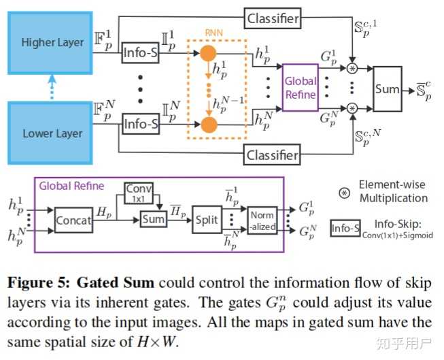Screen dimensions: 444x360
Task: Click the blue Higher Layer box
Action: pos(50,43)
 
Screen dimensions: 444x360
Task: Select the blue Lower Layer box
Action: pos(50,133)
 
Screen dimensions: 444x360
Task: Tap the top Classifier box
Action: pos(272,18)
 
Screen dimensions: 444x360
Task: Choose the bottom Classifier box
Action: pos(272,154)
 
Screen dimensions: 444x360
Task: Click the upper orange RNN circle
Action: pos(209,53)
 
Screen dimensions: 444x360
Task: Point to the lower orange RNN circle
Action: pos(209,125)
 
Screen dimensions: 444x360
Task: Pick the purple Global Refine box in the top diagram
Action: pos(301,87)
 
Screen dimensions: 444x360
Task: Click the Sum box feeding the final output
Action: pos(388,89)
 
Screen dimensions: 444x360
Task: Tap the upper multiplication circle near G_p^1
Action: pos(352,68)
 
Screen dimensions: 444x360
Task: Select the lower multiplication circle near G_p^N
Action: pos(352,108)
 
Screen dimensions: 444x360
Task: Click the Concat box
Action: pos(73,220)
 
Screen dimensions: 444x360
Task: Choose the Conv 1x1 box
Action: pos(139,193)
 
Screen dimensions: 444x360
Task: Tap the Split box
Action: pos(207,220)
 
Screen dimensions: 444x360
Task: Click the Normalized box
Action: pos(262,220)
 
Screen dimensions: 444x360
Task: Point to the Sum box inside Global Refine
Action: pos(154,219)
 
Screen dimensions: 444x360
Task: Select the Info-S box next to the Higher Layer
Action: pos(141,52)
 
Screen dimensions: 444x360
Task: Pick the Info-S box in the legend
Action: pos(345,228)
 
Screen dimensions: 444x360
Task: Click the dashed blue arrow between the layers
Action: pos(52,87)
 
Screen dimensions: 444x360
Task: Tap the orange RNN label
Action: pos(214,33)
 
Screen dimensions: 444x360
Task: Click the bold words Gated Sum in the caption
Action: pos(116,282)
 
